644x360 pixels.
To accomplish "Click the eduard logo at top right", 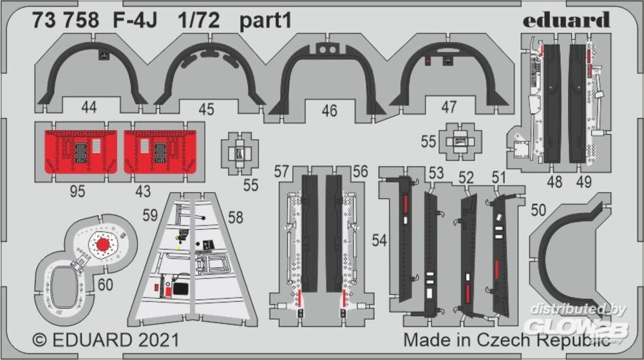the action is (566, 21).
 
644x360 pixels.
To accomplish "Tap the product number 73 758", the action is (66, 21).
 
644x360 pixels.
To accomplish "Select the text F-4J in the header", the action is (135, 21).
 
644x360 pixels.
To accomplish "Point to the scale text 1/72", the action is (199, 21).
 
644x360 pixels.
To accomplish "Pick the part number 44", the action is (89, 108).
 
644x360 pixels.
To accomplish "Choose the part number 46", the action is (329, 111).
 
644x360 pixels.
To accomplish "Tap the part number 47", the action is (448, 108).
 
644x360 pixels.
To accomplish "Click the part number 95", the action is (78, 191).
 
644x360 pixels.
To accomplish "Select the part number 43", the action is (143, 191).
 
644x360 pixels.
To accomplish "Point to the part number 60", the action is (105, 285).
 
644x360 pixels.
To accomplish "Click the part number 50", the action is (538, 210).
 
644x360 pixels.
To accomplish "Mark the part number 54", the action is (379, 241).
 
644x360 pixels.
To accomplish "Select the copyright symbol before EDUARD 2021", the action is (39, 340).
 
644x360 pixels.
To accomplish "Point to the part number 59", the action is (150, 215).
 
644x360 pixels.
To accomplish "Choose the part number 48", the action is (554, 182).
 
